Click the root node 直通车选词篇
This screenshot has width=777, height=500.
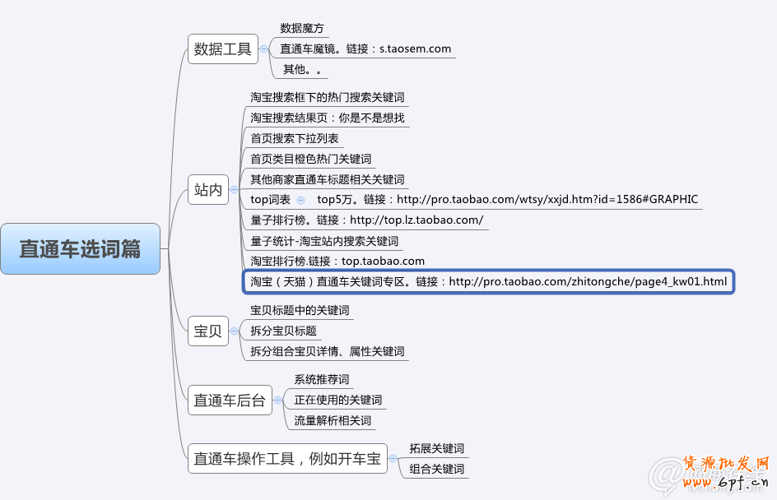point(80,248)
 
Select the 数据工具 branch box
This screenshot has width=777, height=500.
point(222,49)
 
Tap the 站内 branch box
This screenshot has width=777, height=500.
point(208,190)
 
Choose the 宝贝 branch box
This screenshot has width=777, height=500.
point(208,331)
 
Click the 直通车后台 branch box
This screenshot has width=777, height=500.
point(230,400)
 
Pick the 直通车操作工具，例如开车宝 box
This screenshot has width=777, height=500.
point(288,459)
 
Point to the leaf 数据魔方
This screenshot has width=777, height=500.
point(302,28)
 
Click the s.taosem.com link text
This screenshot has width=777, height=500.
point(415,49)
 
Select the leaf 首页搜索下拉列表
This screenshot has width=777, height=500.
point(295,138)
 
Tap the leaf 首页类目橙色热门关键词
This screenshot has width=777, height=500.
point(311,159)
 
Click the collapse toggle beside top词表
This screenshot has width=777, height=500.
point(300,200)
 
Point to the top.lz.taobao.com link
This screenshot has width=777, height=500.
point(416,220)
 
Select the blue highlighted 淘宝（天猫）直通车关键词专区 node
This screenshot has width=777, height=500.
point(489,282)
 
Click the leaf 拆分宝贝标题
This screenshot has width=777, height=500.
point(284,331)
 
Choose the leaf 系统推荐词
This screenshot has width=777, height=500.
point(322,379)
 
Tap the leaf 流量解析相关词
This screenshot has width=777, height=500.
point(333,420)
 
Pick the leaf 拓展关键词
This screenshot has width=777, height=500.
point(437,448)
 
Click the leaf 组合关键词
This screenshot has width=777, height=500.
point(437,470)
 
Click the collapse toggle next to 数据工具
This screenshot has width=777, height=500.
point(263,49)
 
